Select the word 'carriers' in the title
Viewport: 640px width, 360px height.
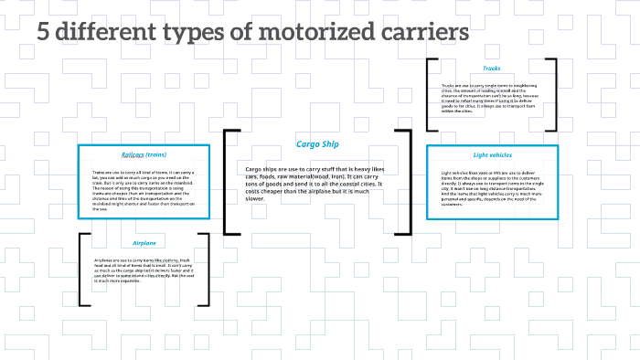pos(424,34)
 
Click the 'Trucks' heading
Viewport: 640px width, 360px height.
pos(491,69)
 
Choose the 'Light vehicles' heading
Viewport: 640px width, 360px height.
pos(492,155)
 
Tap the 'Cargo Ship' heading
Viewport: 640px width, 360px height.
pos(317,143)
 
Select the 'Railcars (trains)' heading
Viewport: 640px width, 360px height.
pos(144,154)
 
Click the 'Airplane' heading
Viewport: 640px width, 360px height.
pos(144,244)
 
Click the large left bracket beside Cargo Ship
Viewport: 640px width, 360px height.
pos(228,182)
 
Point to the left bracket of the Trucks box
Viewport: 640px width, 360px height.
pos(430,97)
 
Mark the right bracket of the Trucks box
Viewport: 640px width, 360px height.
pos(553,97)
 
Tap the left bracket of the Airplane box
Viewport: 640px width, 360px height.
pos(83,269)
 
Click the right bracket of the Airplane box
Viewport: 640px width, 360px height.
pos(206,269)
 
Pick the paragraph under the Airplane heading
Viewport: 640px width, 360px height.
pos(144,271)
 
